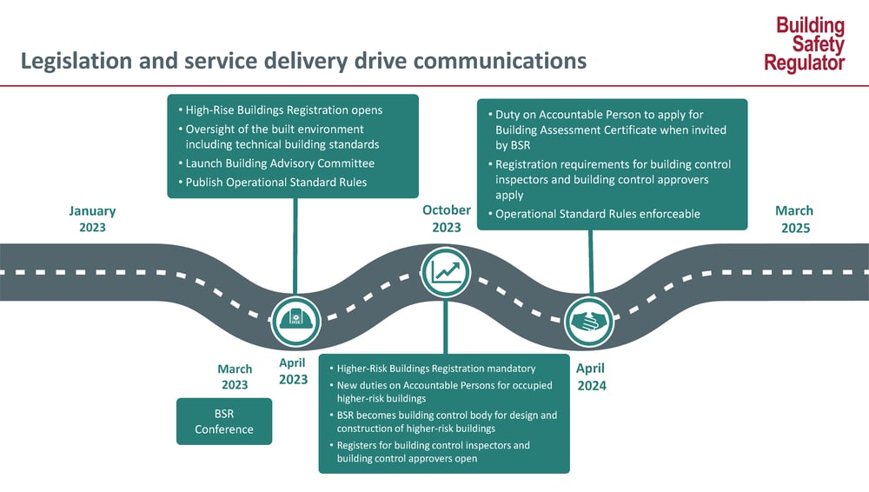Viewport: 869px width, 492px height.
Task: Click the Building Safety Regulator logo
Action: (805, 44)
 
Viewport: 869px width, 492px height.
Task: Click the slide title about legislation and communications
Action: (303, 62)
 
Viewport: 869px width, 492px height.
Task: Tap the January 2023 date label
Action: (92, 219)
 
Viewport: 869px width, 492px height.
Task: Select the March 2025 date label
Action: (794, 219)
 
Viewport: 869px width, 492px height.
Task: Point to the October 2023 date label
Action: (447, 218)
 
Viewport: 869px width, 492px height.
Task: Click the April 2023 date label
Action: (293, 371)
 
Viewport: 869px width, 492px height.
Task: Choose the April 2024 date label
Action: (591, 376)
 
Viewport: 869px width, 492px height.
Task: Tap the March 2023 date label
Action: (235, 376)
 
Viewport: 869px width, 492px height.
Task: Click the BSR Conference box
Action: (224, 422)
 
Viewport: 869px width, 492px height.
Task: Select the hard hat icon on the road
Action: (295, 321)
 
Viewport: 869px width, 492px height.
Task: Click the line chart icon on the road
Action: (446, 272)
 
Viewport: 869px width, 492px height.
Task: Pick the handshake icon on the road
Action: (589, 321)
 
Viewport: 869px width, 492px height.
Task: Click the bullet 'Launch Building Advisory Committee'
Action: (280, 163)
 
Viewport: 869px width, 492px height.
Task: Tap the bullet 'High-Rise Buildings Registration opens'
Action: (283, 110)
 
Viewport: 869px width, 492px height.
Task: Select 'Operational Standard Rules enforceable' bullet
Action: (597, 214)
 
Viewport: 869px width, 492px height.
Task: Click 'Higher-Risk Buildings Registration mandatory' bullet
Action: (435, 369)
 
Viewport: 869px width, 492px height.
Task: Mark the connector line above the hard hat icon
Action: (295, 247)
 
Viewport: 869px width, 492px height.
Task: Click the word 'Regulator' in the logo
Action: (805, 63)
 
